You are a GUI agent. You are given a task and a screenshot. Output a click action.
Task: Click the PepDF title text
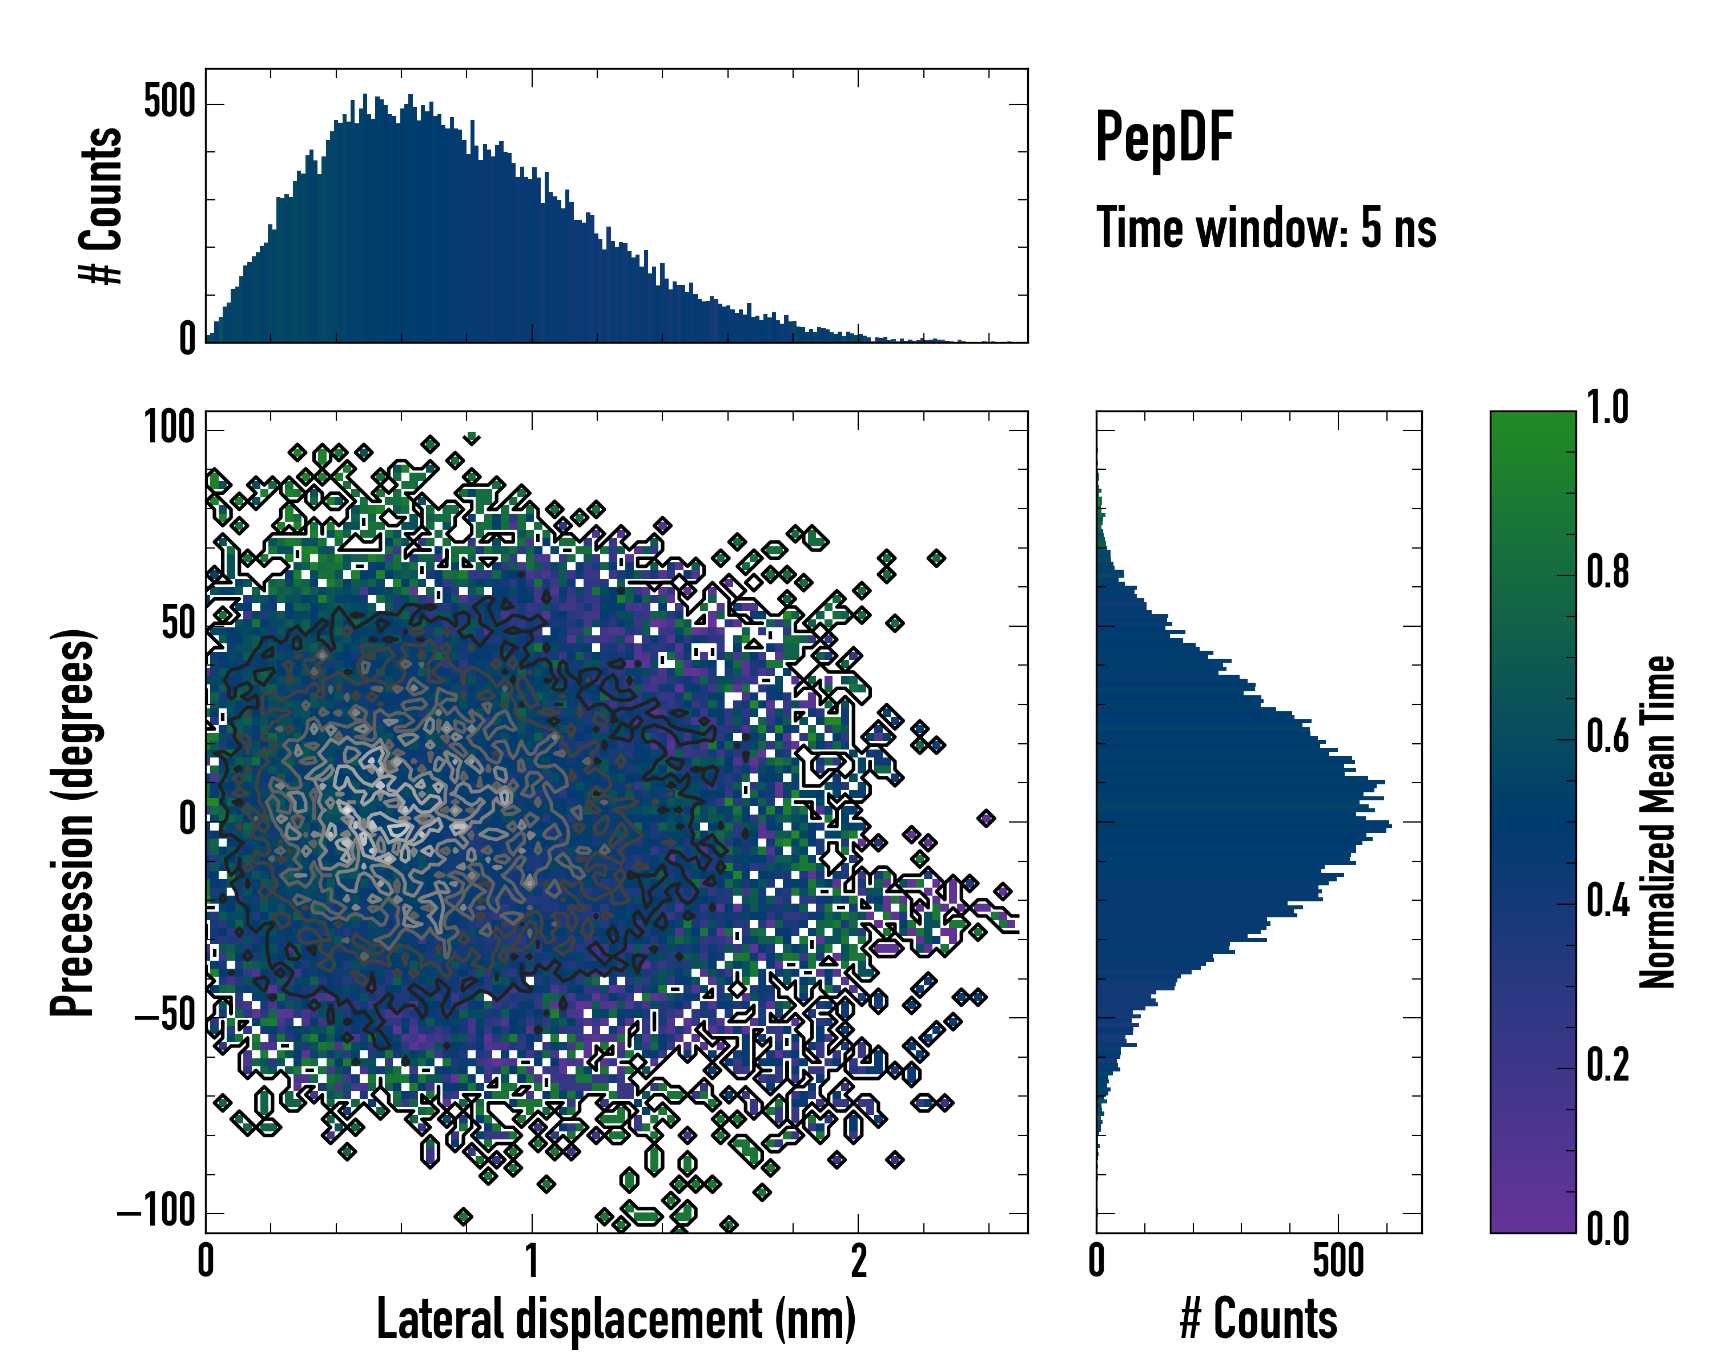[x=1163, y=138]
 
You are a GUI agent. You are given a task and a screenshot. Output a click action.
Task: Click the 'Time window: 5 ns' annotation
[x=1266, y=228]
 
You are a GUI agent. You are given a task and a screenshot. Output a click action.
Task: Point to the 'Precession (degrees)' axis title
[x=73, y=822]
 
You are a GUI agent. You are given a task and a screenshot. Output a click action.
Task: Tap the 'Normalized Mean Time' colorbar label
[x=1658, y=822]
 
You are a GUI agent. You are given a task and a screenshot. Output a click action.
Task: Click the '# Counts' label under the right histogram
[x=1258, y=1319]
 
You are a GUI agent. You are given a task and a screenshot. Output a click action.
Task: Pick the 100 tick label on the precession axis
[x=169, y=429]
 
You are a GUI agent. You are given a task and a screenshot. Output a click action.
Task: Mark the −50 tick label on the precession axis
[x=165, y=1017]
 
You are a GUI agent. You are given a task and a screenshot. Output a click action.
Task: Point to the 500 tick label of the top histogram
[x=169, y=103]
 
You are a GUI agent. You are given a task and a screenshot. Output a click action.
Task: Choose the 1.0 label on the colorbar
[x=1607, y=408]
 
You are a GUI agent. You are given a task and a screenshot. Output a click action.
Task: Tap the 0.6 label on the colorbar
[x=1607, y=737]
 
